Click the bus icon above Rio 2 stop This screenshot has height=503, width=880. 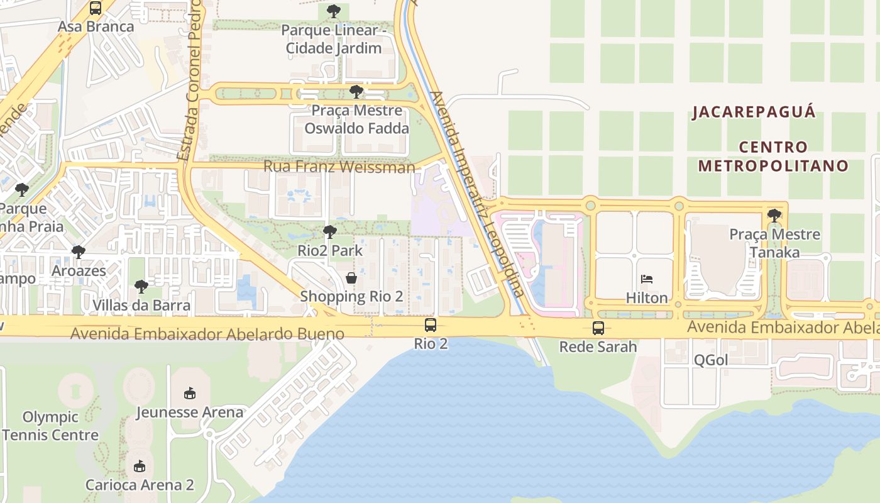point(431,325)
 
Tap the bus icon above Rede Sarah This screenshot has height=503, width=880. point(598,328)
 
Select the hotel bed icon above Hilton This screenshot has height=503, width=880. point(647,279)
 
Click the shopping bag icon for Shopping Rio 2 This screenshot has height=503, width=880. point(351,277)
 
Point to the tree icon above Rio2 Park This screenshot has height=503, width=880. point(329,232)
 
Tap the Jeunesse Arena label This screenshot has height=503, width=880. point(190,412)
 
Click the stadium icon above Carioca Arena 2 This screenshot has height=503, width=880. point(139,467)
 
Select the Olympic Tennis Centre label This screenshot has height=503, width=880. point(50,426)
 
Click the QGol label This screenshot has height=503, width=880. point(710,360)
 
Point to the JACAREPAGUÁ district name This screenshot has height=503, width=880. point(754,113)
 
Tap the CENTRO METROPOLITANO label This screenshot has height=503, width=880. point(773,157)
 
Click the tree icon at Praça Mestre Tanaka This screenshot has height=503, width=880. point(774,216)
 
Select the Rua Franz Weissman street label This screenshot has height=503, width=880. point(339,167)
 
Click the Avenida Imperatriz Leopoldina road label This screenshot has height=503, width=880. point(476,194)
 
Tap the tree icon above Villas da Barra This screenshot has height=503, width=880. point(141,287)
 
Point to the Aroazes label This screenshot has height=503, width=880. point(79,271)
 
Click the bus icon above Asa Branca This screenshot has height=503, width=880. point(96,8)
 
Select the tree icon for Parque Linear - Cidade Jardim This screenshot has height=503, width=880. point(333,11)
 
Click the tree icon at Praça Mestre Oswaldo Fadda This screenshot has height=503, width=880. point(356,92)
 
